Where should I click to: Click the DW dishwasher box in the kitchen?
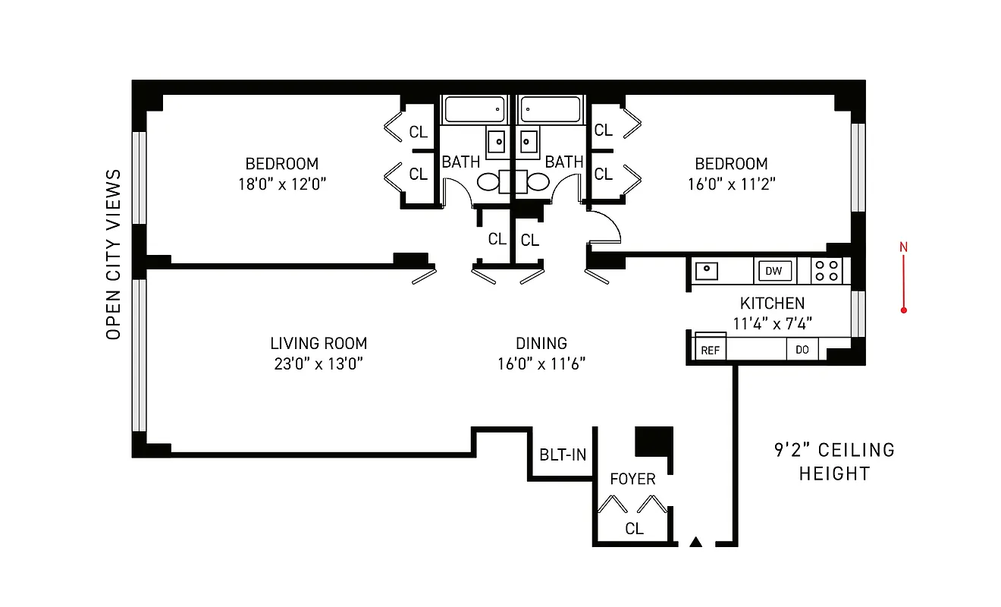773,271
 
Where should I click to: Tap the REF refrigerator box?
711,350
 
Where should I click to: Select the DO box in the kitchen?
802,350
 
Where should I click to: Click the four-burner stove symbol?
827,271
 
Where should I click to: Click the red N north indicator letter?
903,247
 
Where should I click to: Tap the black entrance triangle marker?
695,542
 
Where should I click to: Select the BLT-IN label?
562,455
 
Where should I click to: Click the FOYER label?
632,480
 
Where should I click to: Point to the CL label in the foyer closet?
634,529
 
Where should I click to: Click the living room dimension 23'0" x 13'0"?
318,363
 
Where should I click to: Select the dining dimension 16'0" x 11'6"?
541,363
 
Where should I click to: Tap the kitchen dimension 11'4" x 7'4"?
773,323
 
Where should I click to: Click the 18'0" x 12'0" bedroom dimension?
281,184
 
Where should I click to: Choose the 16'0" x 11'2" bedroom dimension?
731,184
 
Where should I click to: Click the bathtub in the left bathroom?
474,109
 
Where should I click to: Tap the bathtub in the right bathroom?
550,109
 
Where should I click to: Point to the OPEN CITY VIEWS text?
114,254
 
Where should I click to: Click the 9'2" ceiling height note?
834,461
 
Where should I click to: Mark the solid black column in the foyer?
652,441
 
